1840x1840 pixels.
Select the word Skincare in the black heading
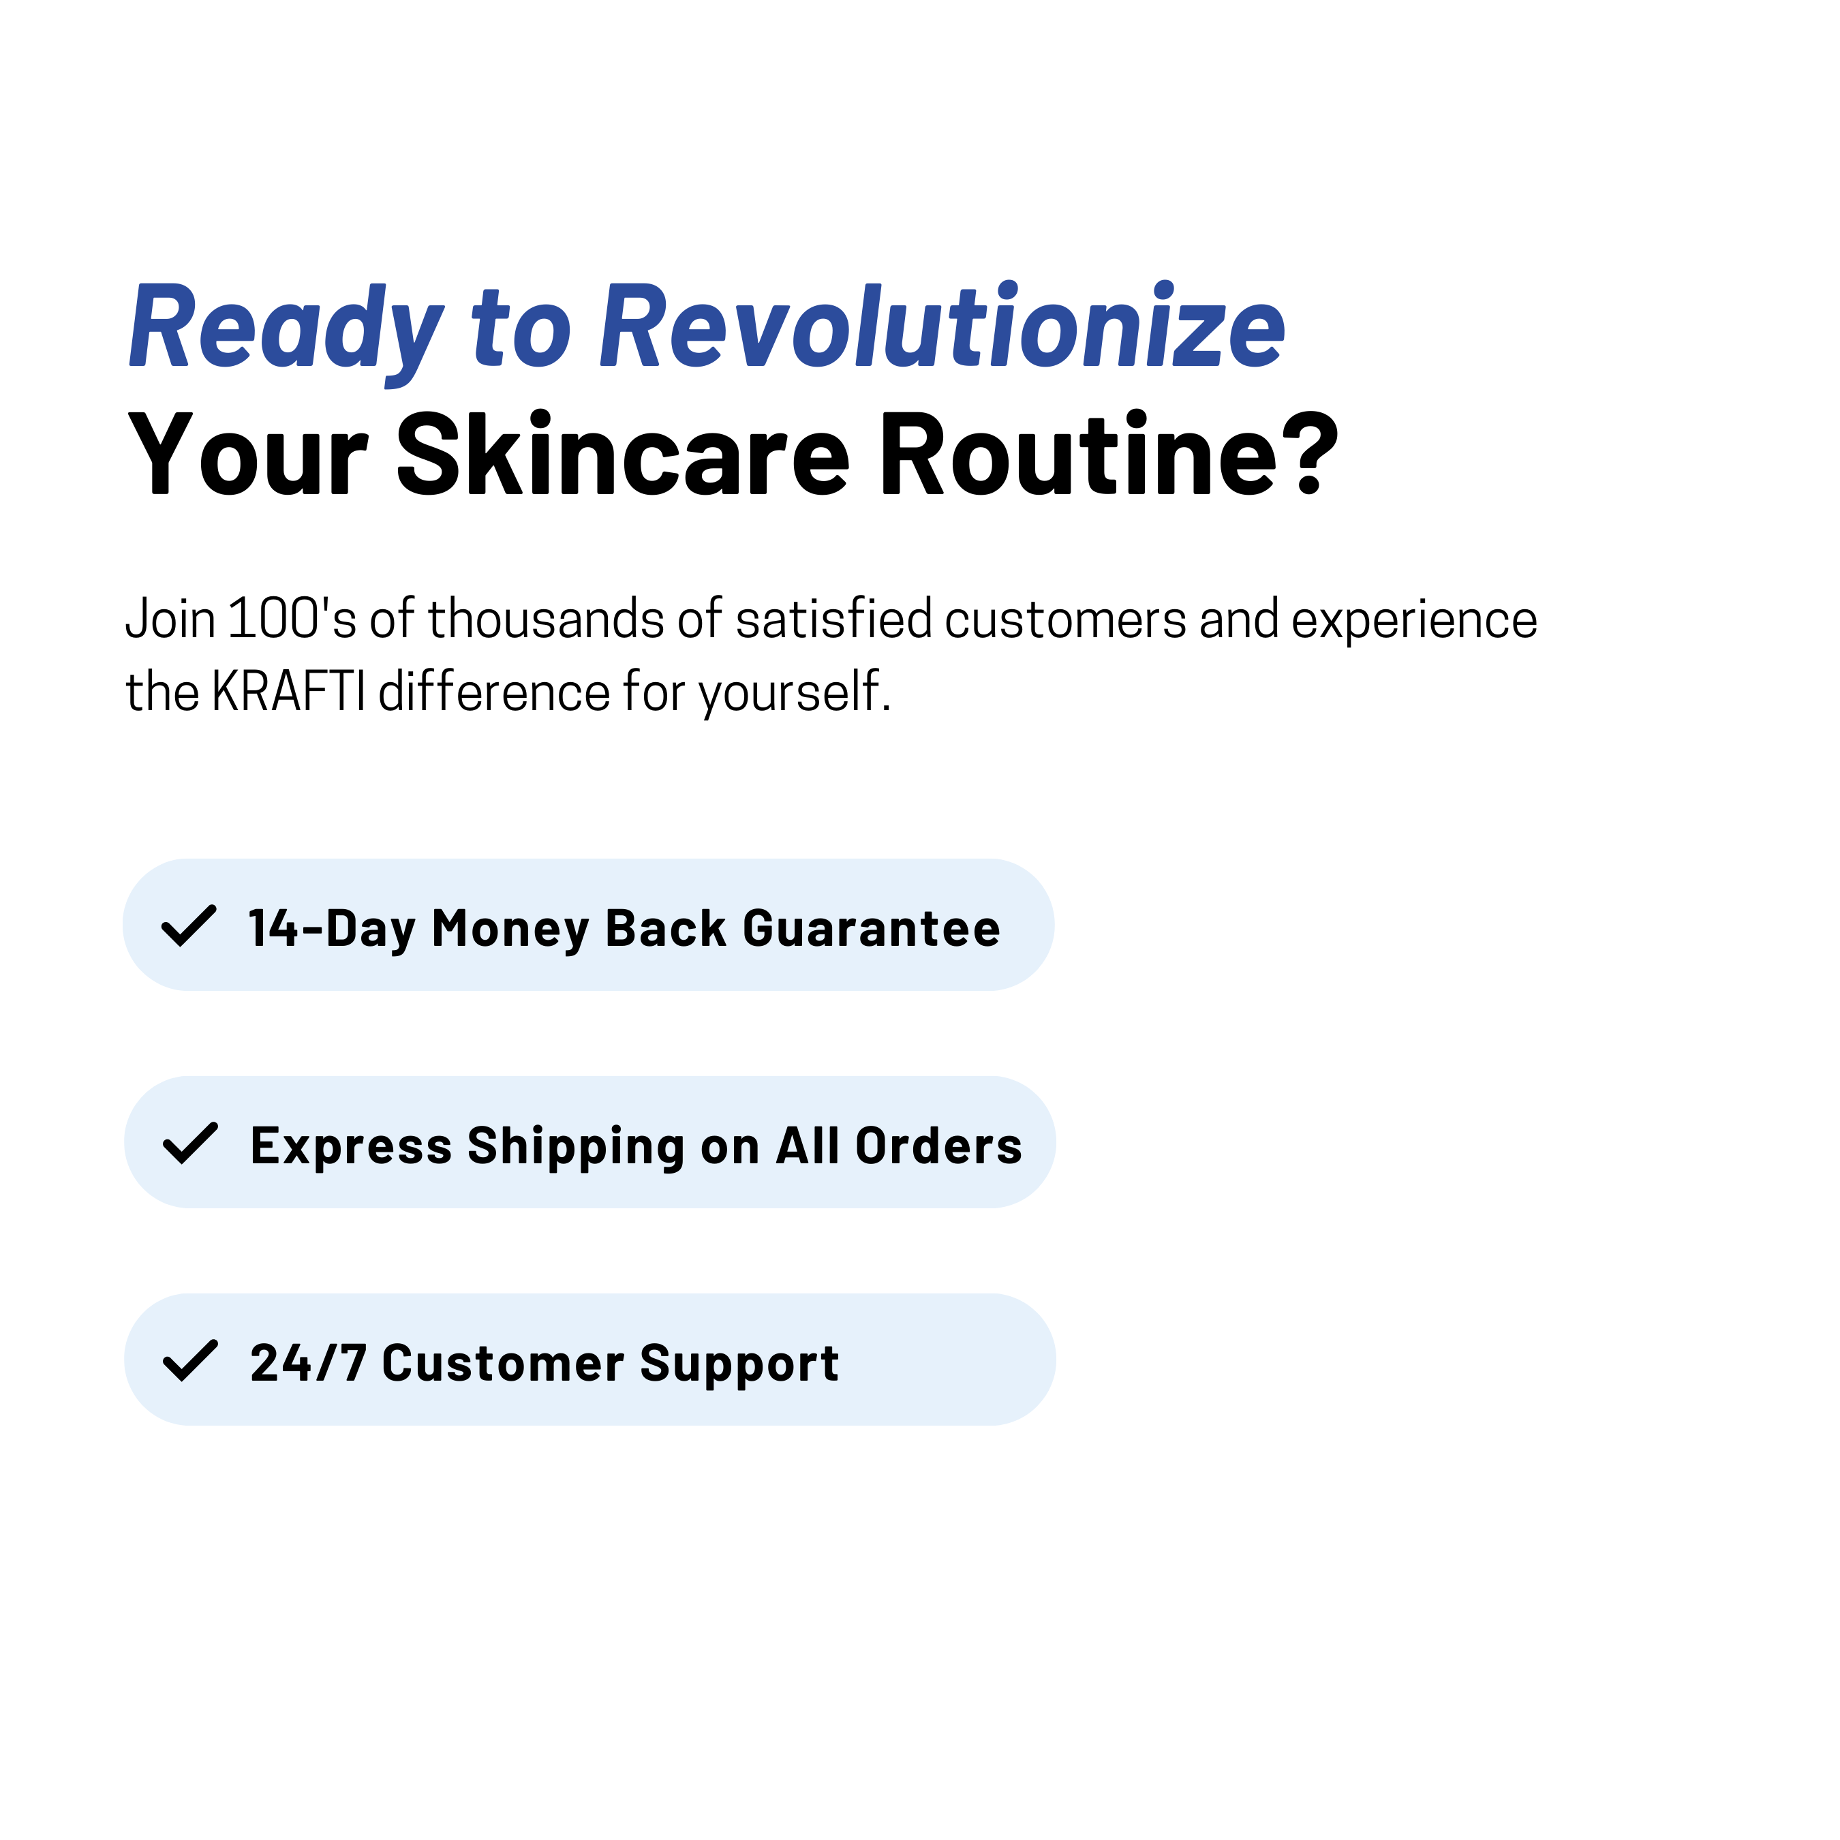click(x=623, y=455)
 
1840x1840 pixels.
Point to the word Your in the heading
click(x=247, y=455)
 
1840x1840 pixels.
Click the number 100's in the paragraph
click(x=292, y=618)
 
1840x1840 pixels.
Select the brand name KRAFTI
click(x=288, y=692)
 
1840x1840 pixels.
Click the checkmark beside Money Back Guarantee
click(x=189, y=925)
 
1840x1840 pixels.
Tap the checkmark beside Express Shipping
click(x=191, y=1143)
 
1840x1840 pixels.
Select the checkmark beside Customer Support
click(x=191, y=1360)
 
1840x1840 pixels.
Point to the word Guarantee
click(x=872, y=929)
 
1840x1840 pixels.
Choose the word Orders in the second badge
click(x=938, y=1146)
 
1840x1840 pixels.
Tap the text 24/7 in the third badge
click(x=307, y=1363)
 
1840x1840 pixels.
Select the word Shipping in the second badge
click(x=575, y=1148)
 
